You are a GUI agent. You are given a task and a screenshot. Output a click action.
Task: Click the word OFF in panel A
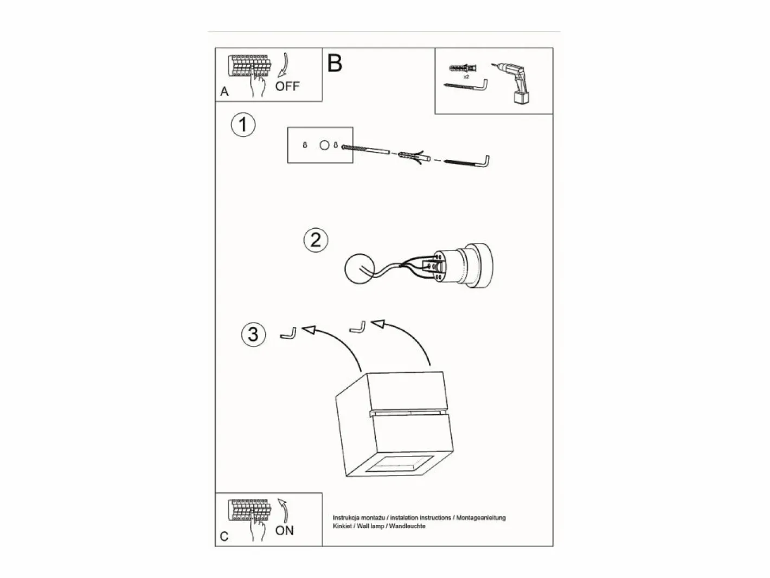(x=287, y=86)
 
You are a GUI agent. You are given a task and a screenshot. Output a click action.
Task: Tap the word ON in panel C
(x=285, y=531)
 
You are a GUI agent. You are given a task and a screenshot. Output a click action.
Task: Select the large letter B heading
(x=335, y=63)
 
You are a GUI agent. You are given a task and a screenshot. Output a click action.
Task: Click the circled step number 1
(x=243, y=125)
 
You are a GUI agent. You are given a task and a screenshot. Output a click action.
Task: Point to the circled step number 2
(x=316, y=240)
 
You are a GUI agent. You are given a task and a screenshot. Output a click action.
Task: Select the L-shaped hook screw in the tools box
(x=466, y=86)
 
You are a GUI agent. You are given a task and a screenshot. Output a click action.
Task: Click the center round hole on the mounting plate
(x=324, y=145)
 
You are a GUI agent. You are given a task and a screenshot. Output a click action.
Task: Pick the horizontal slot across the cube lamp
(x=409, y=412)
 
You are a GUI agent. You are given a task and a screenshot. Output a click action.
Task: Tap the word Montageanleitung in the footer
(x=481, y=518)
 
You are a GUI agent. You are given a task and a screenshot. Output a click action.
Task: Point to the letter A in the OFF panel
(x=224, y=92)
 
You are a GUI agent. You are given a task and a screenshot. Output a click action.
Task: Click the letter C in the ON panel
(x=224, y=537)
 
